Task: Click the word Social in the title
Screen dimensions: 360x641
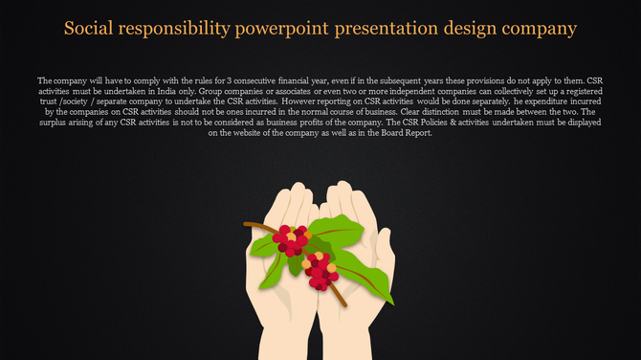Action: [89, 28]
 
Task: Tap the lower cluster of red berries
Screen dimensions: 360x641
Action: [321, 270]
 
